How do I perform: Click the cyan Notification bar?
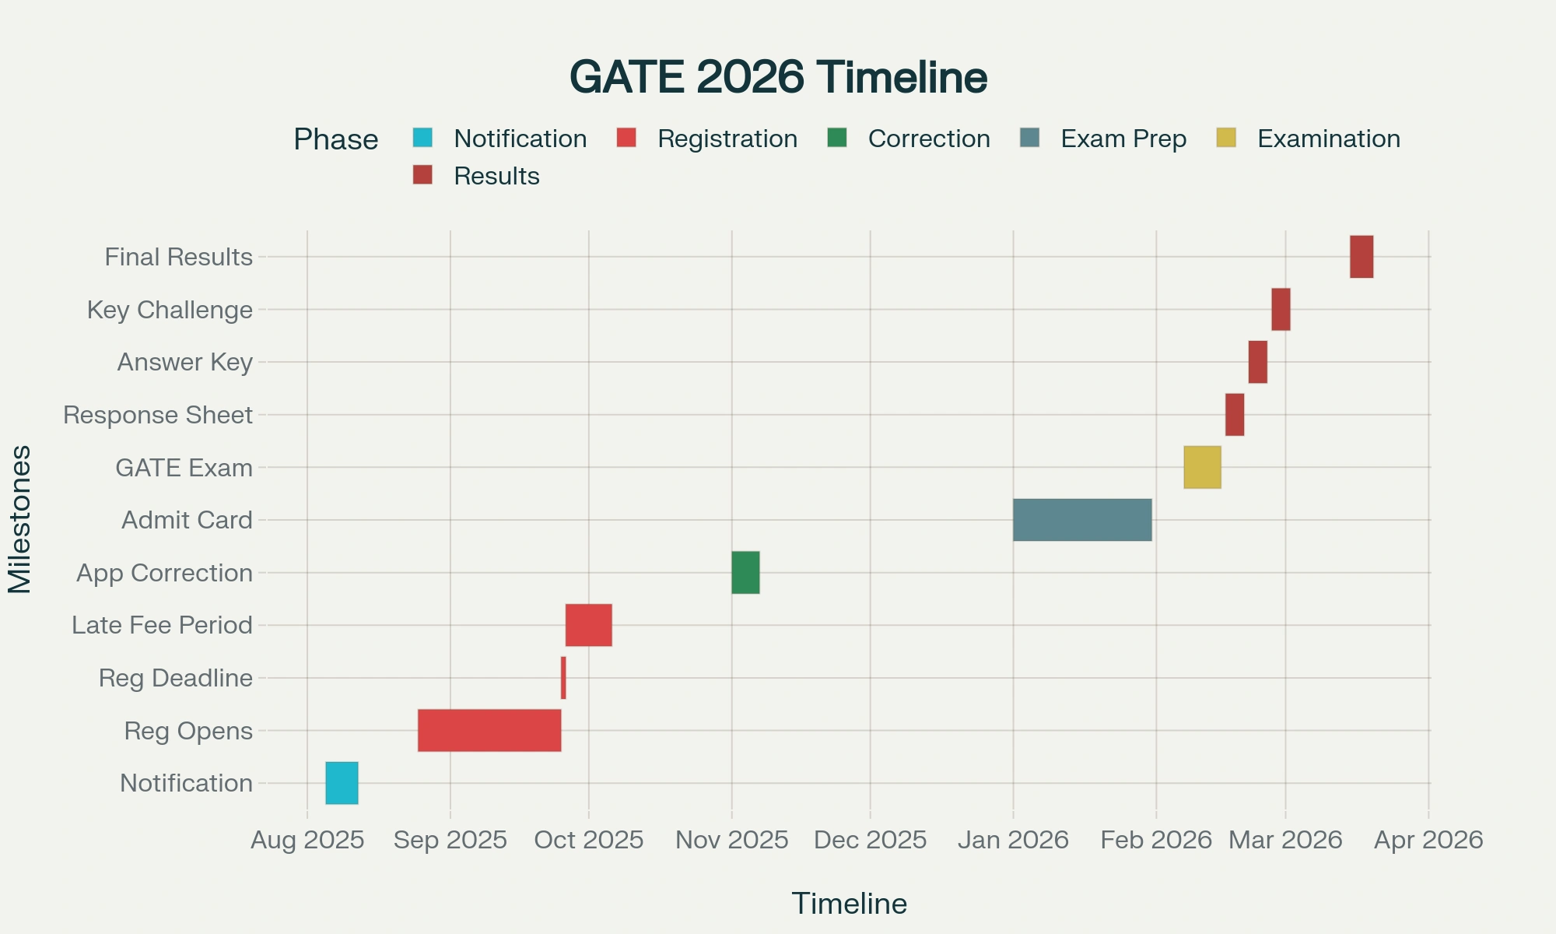pyautogui.click(x=342, y=783)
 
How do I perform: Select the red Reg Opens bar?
pyautogui.click(x=489, y=730)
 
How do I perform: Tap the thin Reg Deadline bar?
pyautogui.click(x=563, y=678)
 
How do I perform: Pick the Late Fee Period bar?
pyautogui.click(x=588, y=625)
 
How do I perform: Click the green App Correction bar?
pyautogui.click(x=745, y=573)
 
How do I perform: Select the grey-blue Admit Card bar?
pyautogui.click(x=1082, y=520)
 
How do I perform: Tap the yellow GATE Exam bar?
pyautogui.click(x=1202, y=467)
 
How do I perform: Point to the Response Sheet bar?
pyautogui.click(x=1235, y=415)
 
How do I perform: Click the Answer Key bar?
pyautogui.click(x=1258, y=362)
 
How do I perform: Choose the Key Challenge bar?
pyautogui.click(x=1281, y=309)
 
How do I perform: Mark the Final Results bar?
pyautogui.click(x=1361, y=257)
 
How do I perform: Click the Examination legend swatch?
pyautogui.click(x=1225, y=138)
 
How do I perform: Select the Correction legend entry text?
pyautogui.click(x=929, y=139)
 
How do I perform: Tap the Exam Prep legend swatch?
pyautogui.click(x=1029, y=138)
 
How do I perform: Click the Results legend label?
pyautogui.click(x=496, y=176)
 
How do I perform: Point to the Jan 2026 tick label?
pyautogui.click(x=1013, y=840)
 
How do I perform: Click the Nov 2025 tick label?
pyautogui.click(x=731, y=840)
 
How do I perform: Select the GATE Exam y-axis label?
pyautogui.click(x=184, y=468)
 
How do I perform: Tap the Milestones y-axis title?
pyautogui.click(x=19, y=519)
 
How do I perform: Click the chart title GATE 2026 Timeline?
pyautogui.click(x=778, y=77)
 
